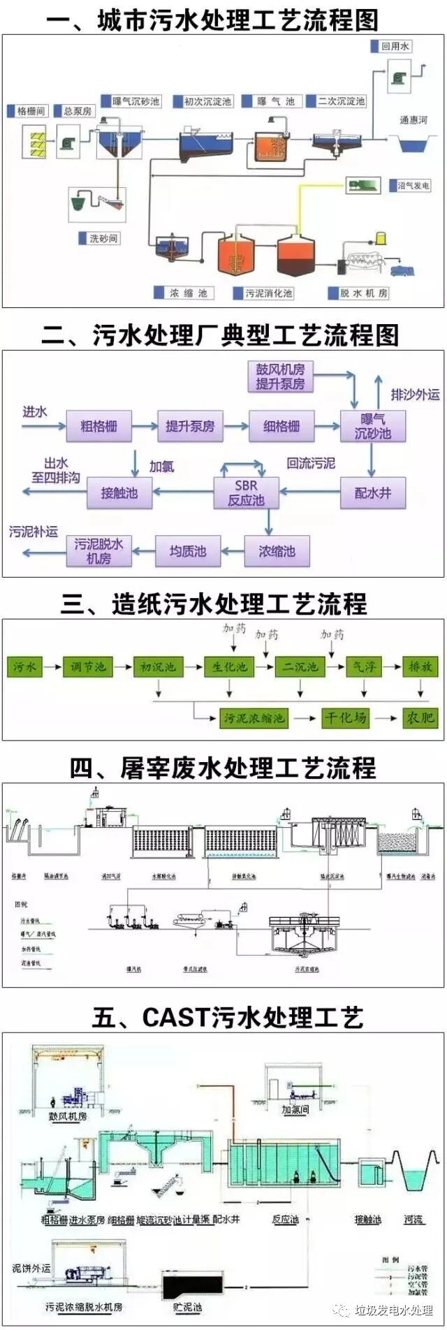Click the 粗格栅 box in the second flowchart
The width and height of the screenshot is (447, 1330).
(98, 426)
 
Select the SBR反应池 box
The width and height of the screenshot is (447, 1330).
(246, 492)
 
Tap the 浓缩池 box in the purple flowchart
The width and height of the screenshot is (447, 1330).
(277, 551)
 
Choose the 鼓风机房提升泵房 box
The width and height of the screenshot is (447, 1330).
(280, 377)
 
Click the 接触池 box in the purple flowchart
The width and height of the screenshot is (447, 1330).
(119, 492)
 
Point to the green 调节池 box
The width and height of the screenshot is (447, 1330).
(88, 667)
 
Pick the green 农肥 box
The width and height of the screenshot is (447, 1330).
(420, 717)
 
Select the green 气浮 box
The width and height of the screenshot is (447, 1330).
(364, 667)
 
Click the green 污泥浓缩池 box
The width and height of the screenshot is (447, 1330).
(254, 717)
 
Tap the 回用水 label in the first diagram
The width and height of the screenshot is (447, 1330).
(395, 47)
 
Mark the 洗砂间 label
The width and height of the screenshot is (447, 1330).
(103, 238)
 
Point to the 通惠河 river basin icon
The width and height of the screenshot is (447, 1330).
(413, 144)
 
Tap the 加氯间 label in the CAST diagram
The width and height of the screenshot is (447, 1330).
(295, 1109)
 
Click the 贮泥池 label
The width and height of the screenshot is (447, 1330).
(187, 1307)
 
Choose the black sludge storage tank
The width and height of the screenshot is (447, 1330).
(191, 1282)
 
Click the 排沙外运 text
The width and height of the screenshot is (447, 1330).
(415, 395)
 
